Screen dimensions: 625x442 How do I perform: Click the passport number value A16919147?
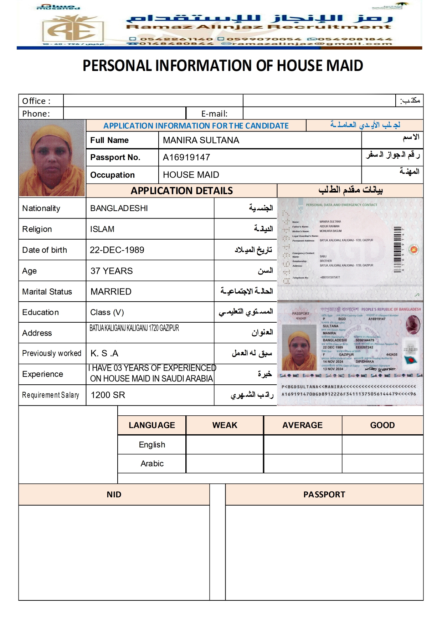coord(186,157)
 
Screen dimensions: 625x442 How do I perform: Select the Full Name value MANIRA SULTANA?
coord(201,140)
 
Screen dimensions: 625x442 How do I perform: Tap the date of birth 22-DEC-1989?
coord(117,250)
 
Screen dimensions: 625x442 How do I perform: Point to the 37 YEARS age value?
coord(112,271)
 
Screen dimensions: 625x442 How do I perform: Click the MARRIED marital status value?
coord(111,292)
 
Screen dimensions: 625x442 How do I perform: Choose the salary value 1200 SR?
coord(108,395)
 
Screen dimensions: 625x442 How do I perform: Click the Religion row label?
coord(37,229)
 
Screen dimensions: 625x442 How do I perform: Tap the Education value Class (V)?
coord(107,312)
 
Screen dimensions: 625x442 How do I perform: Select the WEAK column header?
coord(225,425)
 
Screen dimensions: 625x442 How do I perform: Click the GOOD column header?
coord(382,425)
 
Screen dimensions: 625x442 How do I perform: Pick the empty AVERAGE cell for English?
coord(303,445)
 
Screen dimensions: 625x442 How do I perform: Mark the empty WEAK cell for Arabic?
coord(225,463)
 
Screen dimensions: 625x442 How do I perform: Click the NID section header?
coord(114,495)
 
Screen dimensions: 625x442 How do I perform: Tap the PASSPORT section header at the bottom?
coord(324,495)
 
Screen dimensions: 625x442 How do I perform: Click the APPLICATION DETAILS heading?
coord(181,191)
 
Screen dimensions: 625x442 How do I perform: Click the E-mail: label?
coord(214,114)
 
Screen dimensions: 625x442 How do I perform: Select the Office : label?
coord(36,101)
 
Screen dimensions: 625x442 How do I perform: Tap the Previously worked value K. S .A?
coord(104,353)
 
